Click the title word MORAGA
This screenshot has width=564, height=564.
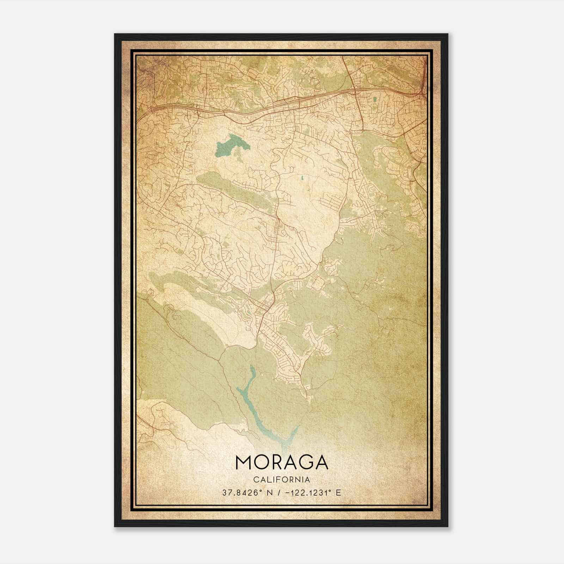[x=282, y=462]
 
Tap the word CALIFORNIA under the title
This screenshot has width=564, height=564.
[x=282, y=480]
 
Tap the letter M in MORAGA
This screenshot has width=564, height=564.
[x=243, y=462]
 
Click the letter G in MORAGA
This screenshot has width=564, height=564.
[x=303, y=462]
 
